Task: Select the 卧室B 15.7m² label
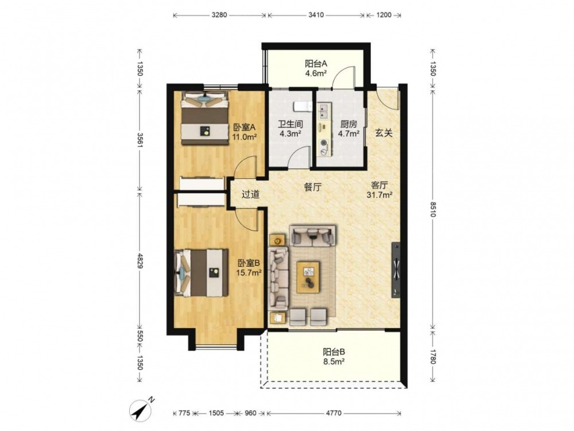point(249,268)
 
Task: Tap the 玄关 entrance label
point(383,133)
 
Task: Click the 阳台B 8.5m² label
point(334,357)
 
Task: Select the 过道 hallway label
point(251,194)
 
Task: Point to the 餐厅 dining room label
point(313,187)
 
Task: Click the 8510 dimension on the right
point(433,209)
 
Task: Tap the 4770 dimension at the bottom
point(333,413)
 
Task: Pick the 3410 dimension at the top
point(316,15)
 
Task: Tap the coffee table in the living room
point(308,277)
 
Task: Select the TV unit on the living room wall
point(395,270)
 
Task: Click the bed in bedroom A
point(205,117)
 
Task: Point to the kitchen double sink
point(324,111)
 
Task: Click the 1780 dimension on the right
point(433,357)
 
